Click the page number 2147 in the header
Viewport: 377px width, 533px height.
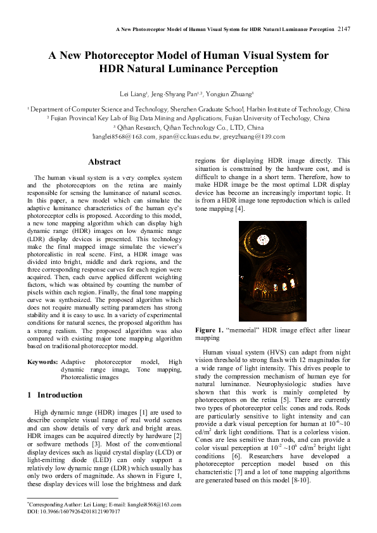coord(344,29)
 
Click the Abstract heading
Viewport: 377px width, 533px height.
coord(105,162)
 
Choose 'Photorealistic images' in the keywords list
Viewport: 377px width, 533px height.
coord(89,377)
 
